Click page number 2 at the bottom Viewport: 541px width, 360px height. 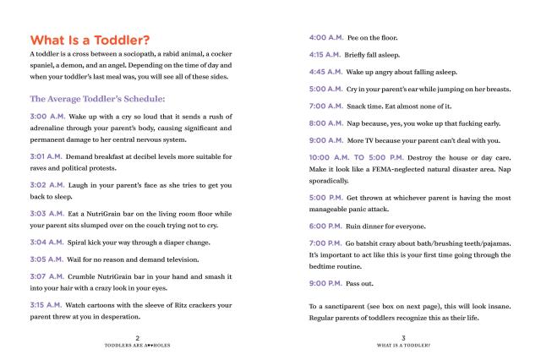click(x=137, y=337)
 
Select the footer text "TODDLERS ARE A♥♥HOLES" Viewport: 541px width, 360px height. click(x=137, y=345)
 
